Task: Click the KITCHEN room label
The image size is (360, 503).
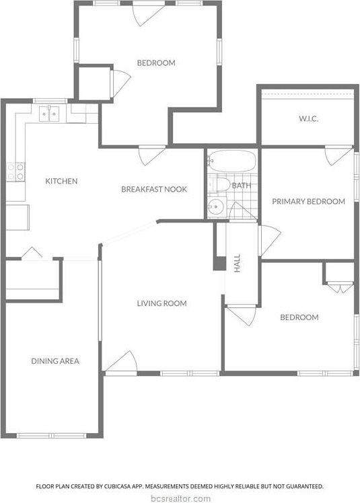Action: pyautogui.click(x=61, y=181)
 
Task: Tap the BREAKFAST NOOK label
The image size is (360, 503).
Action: pyautogui.click(x=154, y=189)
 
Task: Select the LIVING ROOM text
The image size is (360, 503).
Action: pyautogui.click(x=161, y=303)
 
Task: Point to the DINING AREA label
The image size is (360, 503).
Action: pyautogui.click(x=55, y=361)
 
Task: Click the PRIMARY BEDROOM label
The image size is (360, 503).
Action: pyautogui.click(x=308, y=201)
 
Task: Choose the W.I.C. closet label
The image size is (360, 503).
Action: pyautogui.click(x=308, y=119)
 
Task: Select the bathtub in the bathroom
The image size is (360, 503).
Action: pyautogui.click(x=231, y=161)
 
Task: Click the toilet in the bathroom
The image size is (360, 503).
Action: pyautogui.click(x=217, y=184)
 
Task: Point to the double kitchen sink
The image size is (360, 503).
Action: pyautogui.click(x=49, y=114)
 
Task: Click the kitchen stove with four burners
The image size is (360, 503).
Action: pyautogui.click(x=15, y=171)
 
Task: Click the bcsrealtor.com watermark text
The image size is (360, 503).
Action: pyautogui.click(x=180, y=498)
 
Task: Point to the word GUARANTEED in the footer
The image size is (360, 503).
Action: pyautogui.click(x=303, y=486)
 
